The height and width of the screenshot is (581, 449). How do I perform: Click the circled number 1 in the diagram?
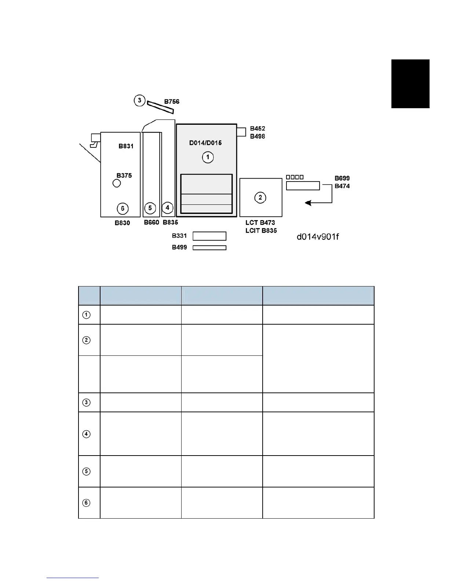click(x=208, y=157)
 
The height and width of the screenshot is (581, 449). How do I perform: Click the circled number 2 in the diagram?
click(x=260, y=198)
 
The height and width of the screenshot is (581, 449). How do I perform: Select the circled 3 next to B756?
click(x=139, y=100)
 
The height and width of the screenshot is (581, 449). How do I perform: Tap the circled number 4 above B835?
click(x=167, y=208)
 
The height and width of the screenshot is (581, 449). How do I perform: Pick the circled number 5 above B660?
click(x=150, y=208)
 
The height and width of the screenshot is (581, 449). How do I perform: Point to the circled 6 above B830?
click(x=123, y=208)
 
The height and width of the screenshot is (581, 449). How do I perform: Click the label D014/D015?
click(x=205, y=143)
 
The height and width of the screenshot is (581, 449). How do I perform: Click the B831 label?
click(x=126, y=146)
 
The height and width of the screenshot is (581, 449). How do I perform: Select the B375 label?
click(x=124, y=175)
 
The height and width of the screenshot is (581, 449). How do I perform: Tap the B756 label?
click(x=172, y=102)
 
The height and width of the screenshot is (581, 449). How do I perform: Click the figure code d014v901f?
click(x=318, y=237)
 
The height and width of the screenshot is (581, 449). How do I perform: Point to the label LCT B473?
click(x=260, y=223)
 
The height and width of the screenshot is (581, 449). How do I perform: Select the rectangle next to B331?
click(x=209, y=236)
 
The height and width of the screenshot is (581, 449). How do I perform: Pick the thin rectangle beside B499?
click(x=209, y=248)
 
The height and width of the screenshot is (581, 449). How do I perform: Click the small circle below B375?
click(x=117, y=183)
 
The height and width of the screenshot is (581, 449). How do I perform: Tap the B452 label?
click(x=258, y=128)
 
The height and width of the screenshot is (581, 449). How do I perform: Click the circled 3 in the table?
click(x=86, y=402)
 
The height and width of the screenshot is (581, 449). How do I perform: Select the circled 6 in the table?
click(x=86, y=503)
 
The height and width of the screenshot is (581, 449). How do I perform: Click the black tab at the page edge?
click(x=410, y=84)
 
